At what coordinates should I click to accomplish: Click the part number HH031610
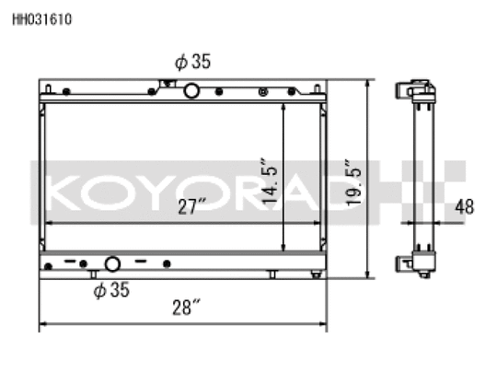[42, 19]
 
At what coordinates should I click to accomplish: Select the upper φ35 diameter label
[192, 61]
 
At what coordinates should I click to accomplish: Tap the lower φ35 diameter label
[111, 289]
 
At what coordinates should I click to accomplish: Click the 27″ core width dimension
[191, 206]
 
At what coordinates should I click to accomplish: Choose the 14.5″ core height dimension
[270, 181]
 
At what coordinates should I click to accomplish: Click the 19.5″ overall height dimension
[353, 182]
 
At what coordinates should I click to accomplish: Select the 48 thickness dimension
[465, 206]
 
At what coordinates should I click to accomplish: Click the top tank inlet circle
[191, 91]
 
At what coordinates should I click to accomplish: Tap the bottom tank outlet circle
[112, 264]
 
